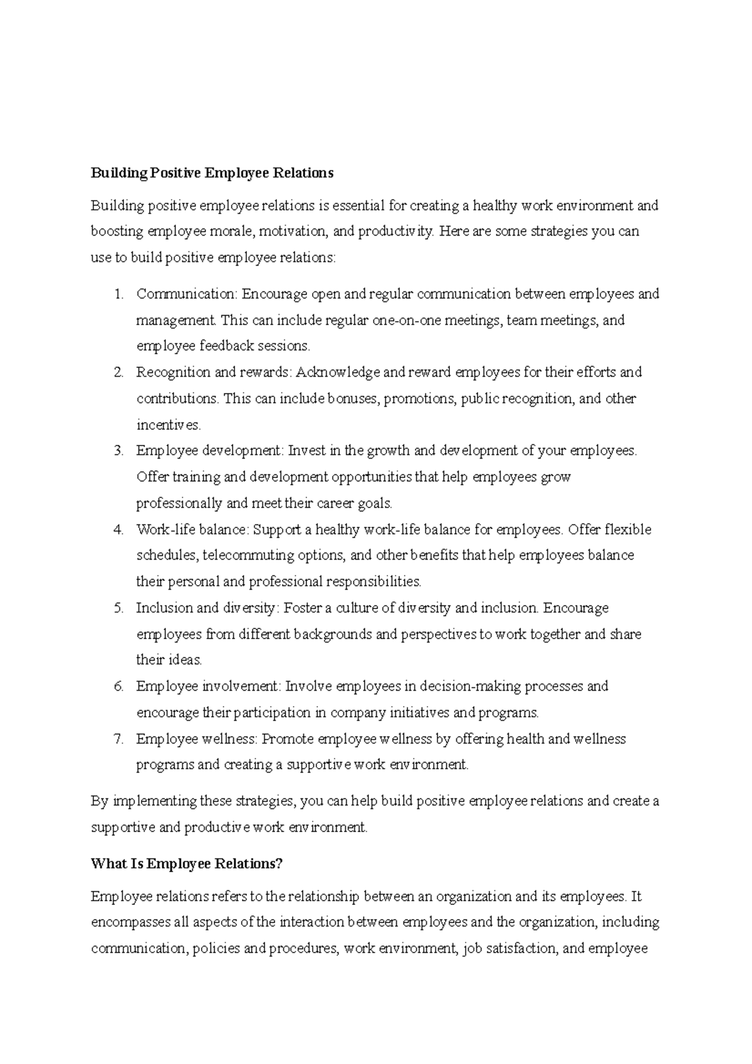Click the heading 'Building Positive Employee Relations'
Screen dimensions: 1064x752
click(x=212, y=173)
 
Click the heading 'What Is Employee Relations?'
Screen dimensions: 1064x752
click(x=187, y=864)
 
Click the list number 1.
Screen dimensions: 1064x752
click(x=119, y=294)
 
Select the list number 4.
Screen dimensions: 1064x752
click(x=119, y=529)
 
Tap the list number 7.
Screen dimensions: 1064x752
click(x=119, y=739)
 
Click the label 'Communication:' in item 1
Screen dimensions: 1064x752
click(x=187, y=294)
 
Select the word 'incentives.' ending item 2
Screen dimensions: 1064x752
click(x=169, y=425)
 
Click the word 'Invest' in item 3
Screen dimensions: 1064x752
click(x=306, y=451)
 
